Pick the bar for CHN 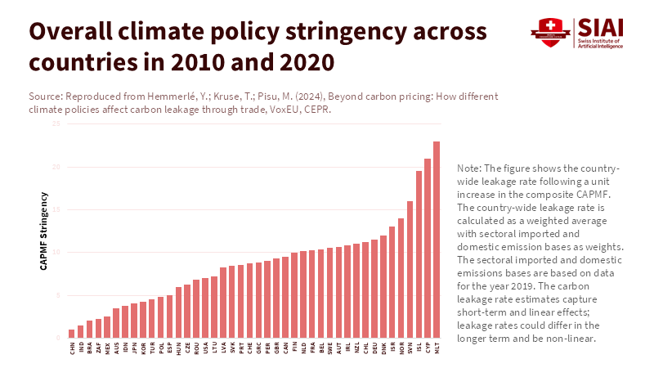click(x=72, y=333)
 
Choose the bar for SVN click(x=410, y=269)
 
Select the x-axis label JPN click(x=134, y=348)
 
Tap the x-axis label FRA click(x=312, y=348)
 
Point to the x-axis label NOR click(x=401, y=348)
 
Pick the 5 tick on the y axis click(x=57, y=294)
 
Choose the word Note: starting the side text click(x=475, y=167)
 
